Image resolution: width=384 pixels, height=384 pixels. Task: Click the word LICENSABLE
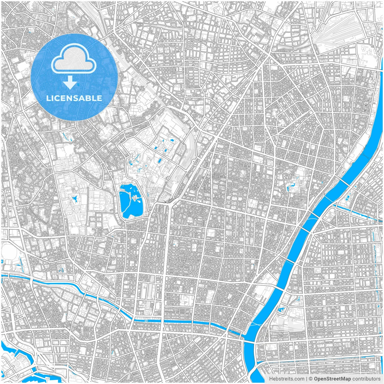click(74, 98)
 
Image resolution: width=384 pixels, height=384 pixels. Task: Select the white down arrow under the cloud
click(70, 82)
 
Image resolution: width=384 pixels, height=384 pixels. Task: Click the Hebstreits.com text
click(286, 379)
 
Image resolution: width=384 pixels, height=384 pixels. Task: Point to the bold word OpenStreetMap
click(332, 379)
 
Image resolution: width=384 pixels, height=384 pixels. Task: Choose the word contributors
click(366, 379)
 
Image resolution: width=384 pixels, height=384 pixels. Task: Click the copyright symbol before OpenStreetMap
click(311, 379)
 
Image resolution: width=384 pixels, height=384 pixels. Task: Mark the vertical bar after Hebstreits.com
click(306, 379)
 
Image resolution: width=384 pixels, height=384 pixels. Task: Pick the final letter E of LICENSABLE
click(100, 98)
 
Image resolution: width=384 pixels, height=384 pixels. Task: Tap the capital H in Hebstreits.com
click(271, 379)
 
